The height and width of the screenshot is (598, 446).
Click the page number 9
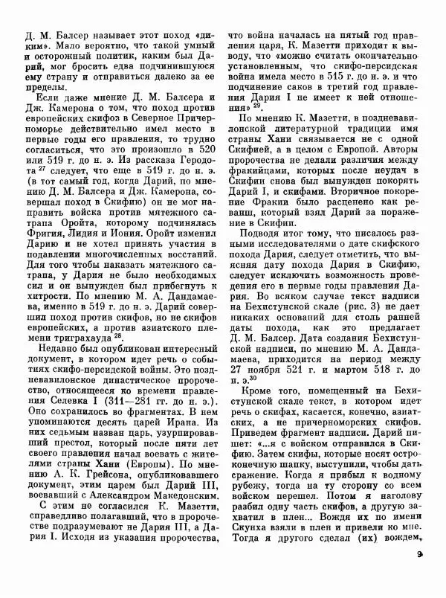pyautogui.click(x=420, y=573)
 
